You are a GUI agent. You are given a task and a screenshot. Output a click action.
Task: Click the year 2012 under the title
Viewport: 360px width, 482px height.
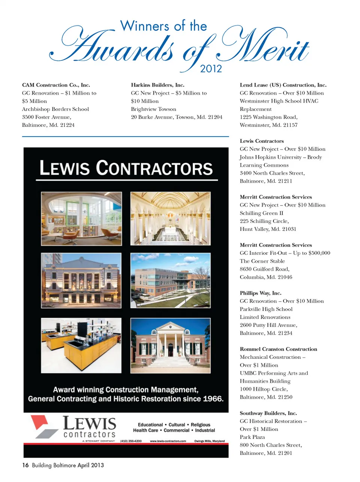point(211,69)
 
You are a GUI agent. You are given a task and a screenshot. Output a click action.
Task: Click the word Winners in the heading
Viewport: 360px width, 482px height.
point(145,26)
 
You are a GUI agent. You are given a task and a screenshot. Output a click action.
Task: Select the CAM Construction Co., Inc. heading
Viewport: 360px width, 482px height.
point(56,85)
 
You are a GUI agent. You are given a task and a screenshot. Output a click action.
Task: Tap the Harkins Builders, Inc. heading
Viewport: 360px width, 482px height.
point(157,85)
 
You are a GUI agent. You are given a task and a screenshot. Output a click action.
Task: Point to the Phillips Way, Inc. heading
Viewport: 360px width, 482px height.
point(261,293)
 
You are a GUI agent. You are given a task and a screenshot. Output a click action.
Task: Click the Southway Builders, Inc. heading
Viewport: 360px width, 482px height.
point(268,413)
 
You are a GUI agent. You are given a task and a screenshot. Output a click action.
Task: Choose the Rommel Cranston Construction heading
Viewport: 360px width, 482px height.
point(278,349)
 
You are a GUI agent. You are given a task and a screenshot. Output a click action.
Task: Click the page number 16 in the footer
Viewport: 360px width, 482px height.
point(25,465)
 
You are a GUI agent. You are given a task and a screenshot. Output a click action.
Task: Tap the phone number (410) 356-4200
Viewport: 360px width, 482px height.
point(131,441)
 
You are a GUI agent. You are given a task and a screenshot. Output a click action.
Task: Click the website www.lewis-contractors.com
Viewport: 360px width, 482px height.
point(168,441)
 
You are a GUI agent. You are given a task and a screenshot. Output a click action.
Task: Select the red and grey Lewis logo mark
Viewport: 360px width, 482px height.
point(44,427)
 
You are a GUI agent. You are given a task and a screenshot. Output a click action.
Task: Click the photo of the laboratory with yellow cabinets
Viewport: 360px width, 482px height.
point(81,345)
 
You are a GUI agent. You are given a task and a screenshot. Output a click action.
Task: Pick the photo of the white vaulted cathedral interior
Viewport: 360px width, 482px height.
point(170,218)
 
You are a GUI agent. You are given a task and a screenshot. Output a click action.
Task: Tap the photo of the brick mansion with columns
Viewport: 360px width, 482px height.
point(170,345)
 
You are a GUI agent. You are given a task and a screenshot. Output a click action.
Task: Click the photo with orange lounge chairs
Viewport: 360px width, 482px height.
point(81,218)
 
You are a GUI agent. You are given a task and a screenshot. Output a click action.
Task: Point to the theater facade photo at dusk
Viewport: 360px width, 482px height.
point(81,280)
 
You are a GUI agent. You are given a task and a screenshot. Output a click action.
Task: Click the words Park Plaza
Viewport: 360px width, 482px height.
point(252,437)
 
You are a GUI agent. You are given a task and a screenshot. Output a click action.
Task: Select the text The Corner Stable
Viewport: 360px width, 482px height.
point(262,261)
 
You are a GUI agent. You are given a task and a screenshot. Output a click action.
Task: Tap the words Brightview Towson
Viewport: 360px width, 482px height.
point(153,109)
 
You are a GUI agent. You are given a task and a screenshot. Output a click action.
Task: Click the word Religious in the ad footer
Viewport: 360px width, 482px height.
point(201,425)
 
